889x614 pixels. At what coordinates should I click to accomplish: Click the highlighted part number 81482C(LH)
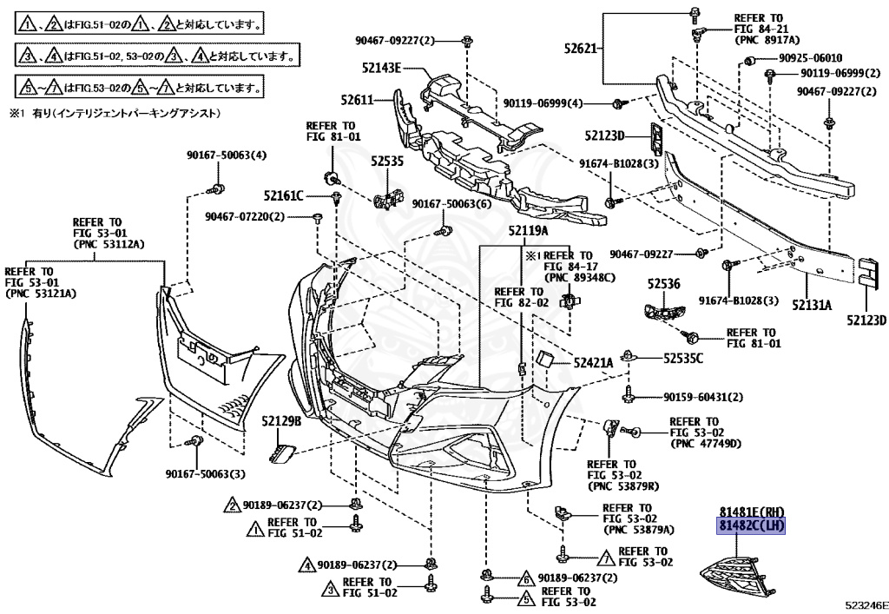click(x=751, y=526)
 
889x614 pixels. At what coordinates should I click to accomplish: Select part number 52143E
click(x=382, y=68)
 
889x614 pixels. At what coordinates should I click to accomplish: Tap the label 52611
click(x=357, y=101)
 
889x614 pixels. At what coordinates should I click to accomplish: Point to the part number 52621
click(x=581, y=48)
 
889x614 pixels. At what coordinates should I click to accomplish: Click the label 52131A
click(x=812, y=305)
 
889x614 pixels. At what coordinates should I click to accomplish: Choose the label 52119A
click(x=529, y=231)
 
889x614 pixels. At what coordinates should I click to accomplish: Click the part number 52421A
click(x=593, y=363)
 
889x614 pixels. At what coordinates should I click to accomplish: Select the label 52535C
click(x=683, y=359)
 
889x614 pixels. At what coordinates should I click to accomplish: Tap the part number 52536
click(x=664, y=284)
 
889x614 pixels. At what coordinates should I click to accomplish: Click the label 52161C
click(x=284, y=196)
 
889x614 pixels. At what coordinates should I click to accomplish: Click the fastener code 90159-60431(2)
click(x=703, y=398)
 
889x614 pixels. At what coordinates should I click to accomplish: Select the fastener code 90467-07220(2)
click(x=245, y=216)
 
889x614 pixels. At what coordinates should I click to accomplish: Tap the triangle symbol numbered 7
click(x=607, y=558)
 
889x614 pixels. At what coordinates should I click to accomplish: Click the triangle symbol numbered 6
click(x=526, y=578)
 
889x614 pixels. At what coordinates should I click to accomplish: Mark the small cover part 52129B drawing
click(x=282, y=453)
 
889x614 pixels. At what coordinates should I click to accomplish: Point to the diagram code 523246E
click(x=867, y=606)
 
